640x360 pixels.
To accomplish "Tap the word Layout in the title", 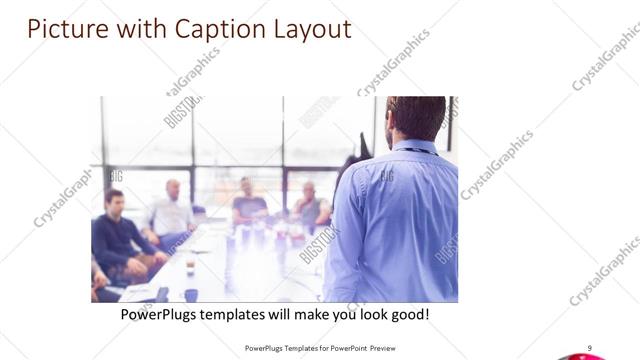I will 313,29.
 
